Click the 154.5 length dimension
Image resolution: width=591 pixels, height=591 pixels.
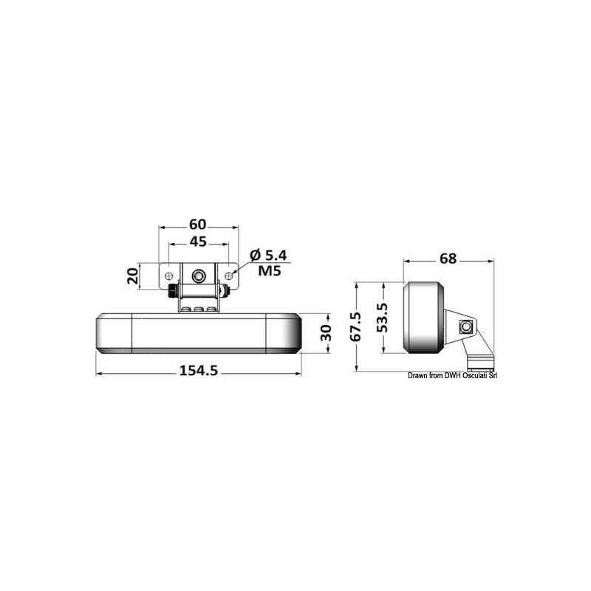(199, 371)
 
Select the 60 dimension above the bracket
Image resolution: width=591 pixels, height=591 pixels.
(198, 225)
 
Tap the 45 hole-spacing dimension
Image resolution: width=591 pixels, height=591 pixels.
(198, 242)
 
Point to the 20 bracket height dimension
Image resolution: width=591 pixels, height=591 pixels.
(132, 276)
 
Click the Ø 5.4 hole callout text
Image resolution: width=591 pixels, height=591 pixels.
(268, 256)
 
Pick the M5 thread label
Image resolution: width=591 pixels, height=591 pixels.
(270, 270)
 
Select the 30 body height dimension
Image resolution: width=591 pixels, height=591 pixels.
(325, 333)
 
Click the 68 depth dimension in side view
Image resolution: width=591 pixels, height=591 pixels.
(448, 259)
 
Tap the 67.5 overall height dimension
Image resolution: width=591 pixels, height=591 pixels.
(355, 327)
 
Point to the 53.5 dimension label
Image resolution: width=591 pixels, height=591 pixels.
(383, 318)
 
